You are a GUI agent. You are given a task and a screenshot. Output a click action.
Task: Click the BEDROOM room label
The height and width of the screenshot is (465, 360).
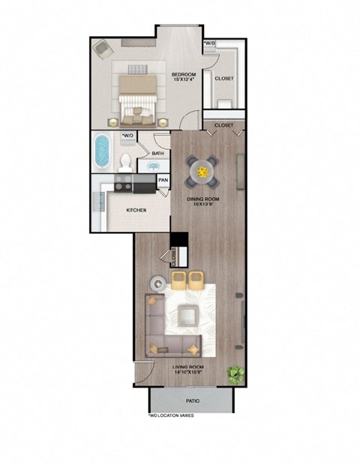tap(183, 75)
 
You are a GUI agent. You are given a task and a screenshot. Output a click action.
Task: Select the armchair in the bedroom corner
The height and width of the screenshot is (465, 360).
tap(102, 48)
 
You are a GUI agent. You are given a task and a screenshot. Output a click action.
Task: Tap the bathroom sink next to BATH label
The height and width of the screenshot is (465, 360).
tap(158, 166)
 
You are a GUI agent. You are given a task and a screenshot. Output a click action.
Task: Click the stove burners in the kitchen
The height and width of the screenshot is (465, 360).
tap(122, 184)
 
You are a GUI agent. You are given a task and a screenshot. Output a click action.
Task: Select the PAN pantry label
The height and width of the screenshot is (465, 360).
tap(163, 181)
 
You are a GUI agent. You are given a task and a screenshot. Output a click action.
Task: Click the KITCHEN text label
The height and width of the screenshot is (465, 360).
tap(136, 210)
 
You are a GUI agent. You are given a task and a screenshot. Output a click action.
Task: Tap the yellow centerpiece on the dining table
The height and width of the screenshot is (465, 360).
tap(202, 172)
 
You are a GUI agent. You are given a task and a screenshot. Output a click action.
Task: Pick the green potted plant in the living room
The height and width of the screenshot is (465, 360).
tap(236, 372)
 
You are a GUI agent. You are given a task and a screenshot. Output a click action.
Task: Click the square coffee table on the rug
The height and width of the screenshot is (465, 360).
tap(185, 318)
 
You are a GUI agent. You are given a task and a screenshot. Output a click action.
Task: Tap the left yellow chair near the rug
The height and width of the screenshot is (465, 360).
tap(179, 280)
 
